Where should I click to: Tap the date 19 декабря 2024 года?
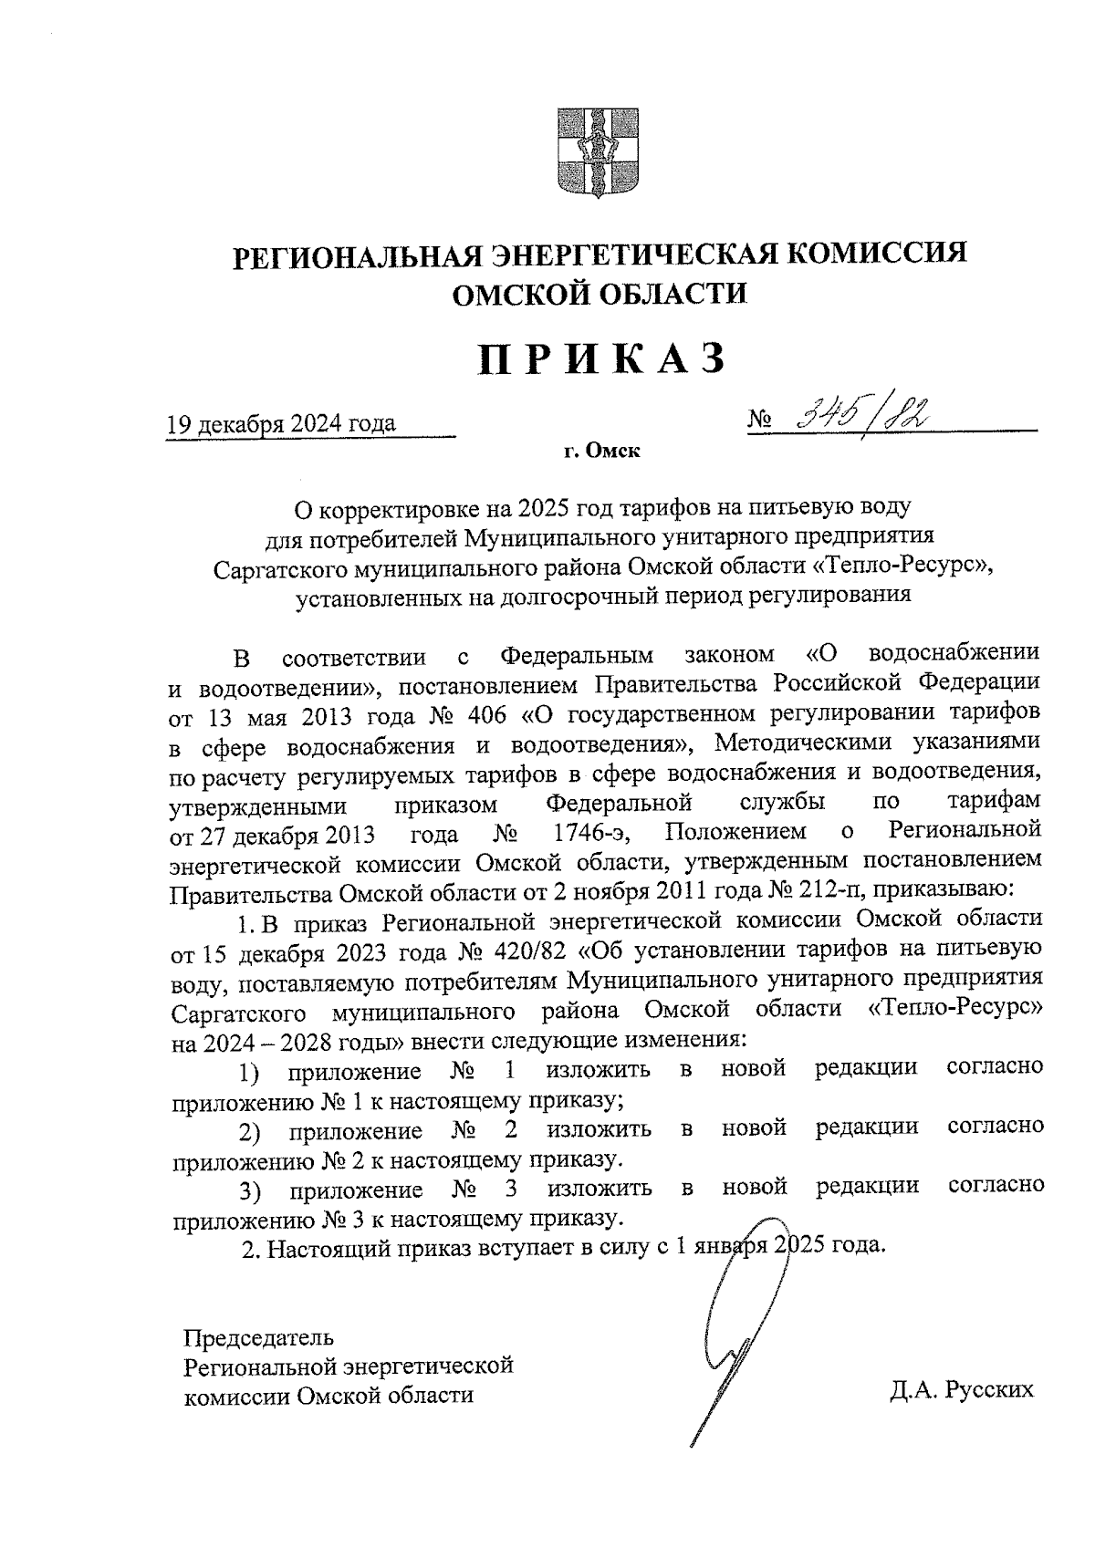(x=280, y=423)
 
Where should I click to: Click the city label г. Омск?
(x=601, y=451)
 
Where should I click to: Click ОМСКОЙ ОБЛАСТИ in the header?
(x=600, y=293)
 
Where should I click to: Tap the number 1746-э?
(x=593, y=831)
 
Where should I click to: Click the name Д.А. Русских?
(x=964, y=1390)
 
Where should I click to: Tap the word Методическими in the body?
(x=797, y=743)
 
